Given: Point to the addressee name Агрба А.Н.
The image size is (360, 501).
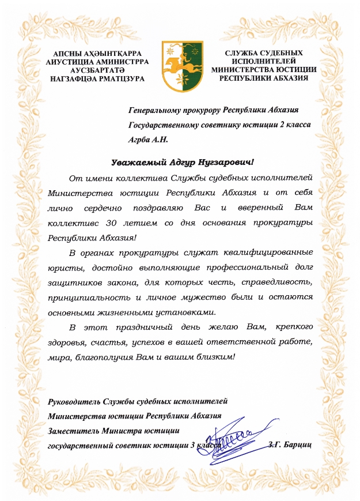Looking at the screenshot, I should click(x=148, y=139).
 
